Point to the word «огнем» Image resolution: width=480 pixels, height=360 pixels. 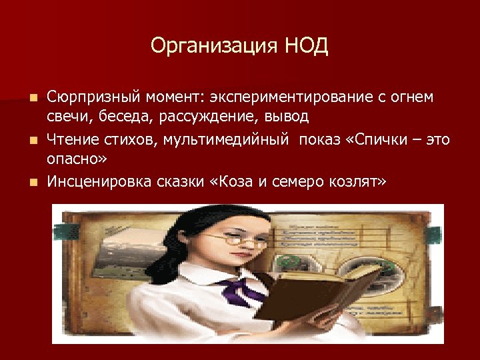(408, 98)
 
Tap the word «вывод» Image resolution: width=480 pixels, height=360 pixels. (285, 118)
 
